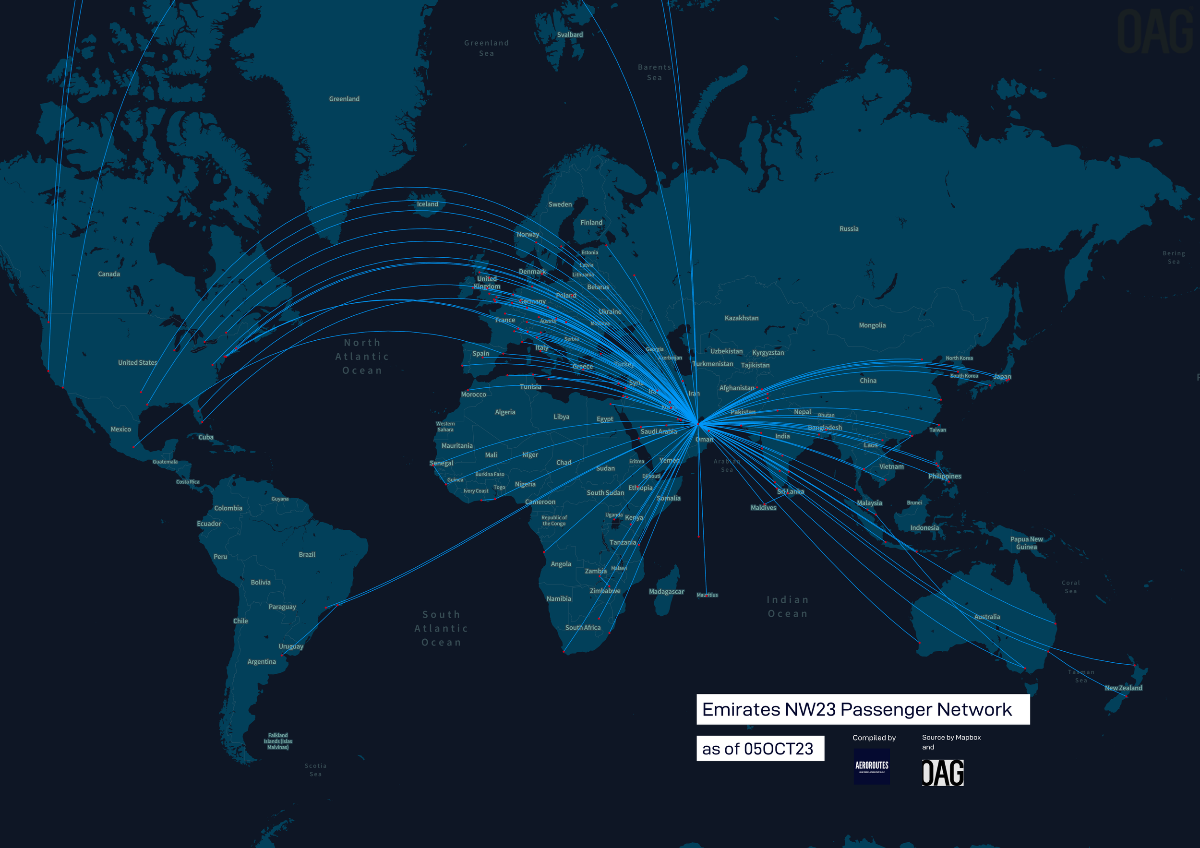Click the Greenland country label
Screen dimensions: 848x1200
pyautogui.click(x=344, y=99)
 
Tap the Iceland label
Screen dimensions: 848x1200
pyautogui.click(x=427, y=204)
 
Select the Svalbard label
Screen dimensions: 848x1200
pyautogui.click(x=570, y=35)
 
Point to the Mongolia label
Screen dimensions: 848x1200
pyautogui.click(x=872, y=325)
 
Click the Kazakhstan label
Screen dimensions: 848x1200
pyautogui.click(x=741, y=318)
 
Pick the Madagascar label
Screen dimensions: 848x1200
pyautogui.click(x=666, y=591)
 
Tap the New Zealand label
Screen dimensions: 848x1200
pyautogui.click(x=1123, y=688)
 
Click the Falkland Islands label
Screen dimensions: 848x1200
pyautogui.click(x=277, y=741)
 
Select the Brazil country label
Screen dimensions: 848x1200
pyautogui.click(x=307, y=554)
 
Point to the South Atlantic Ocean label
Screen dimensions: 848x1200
pyautogui.click(x=441, y=628)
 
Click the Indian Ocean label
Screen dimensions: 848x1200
pyautogui.click(x=787, y=607)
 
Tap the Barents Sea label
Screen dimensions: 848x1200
pyautogui.click(x=654, y=72)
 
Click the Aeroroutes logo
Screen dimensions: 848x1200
pyautogui.click(x=871, y=766)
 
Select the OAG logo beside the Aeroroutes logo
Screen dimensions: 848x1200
pyautogui.click(x=942, y=773)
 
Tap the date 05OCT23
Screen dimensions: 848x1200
pyautogui.click(x=778, y=749)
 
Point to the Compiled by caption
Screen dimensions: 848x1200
pyautogui.click(x=874, y=738)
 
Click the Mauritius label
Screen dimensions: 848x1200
pyautogui.click(x=707, y=595)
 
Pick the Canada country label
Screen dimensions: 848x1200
pyautogui.click(x=108, y=274)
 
